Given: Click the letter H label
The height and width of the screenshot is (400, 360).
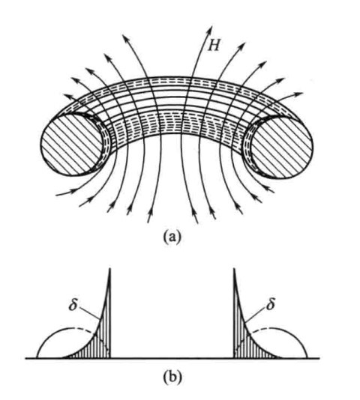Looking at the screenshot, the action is tap(213, 46).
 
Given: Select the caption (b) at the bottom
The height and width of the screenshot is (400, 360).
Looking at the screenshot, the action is tap(172, 377).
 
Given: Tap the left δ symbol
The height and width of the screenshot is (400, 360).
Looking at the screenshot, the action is tap(73, 304).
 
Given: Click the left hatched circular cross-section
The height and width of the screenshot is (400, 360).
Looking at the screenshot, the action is tap(72, 145).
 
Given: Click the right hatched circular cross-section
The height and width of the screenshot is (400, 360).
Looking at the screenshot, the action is tap(281, 146).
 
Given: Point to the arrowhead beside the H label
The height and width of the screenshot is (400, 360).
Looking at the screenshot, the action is tap(210, 29).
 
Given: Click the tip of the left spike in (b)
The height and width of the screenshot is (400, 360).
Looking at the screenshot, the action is tap(109, 268).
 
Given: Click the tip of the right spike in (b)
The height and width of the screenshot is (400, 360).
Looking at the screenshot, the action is tap(234, 268).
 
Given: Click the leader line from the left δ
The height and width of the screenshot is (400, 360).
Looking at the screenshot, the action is tap(90, 313).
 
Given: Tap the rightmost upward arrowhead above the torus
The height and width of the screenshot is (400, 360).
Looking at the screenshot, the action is tap(299, 94).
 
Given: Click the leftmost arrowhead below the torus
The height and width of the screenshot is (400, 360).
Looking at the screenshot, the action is tap(74, 190).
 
